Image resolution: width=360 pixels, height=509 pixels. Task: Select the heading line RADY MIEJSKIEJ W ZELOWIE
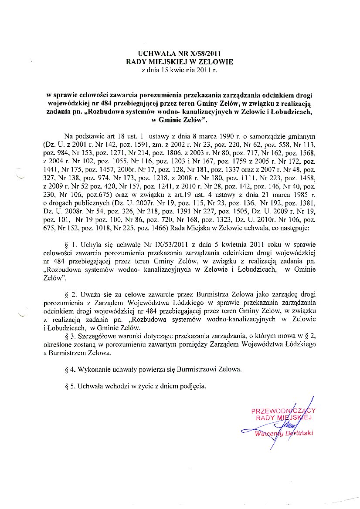(x=180, y=62)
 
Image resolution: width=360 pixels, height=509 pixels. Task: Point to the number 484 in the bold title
(x=108, y=104)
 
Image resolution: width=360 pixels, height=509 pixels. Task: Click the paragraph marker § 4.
(x=68, y=369)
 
